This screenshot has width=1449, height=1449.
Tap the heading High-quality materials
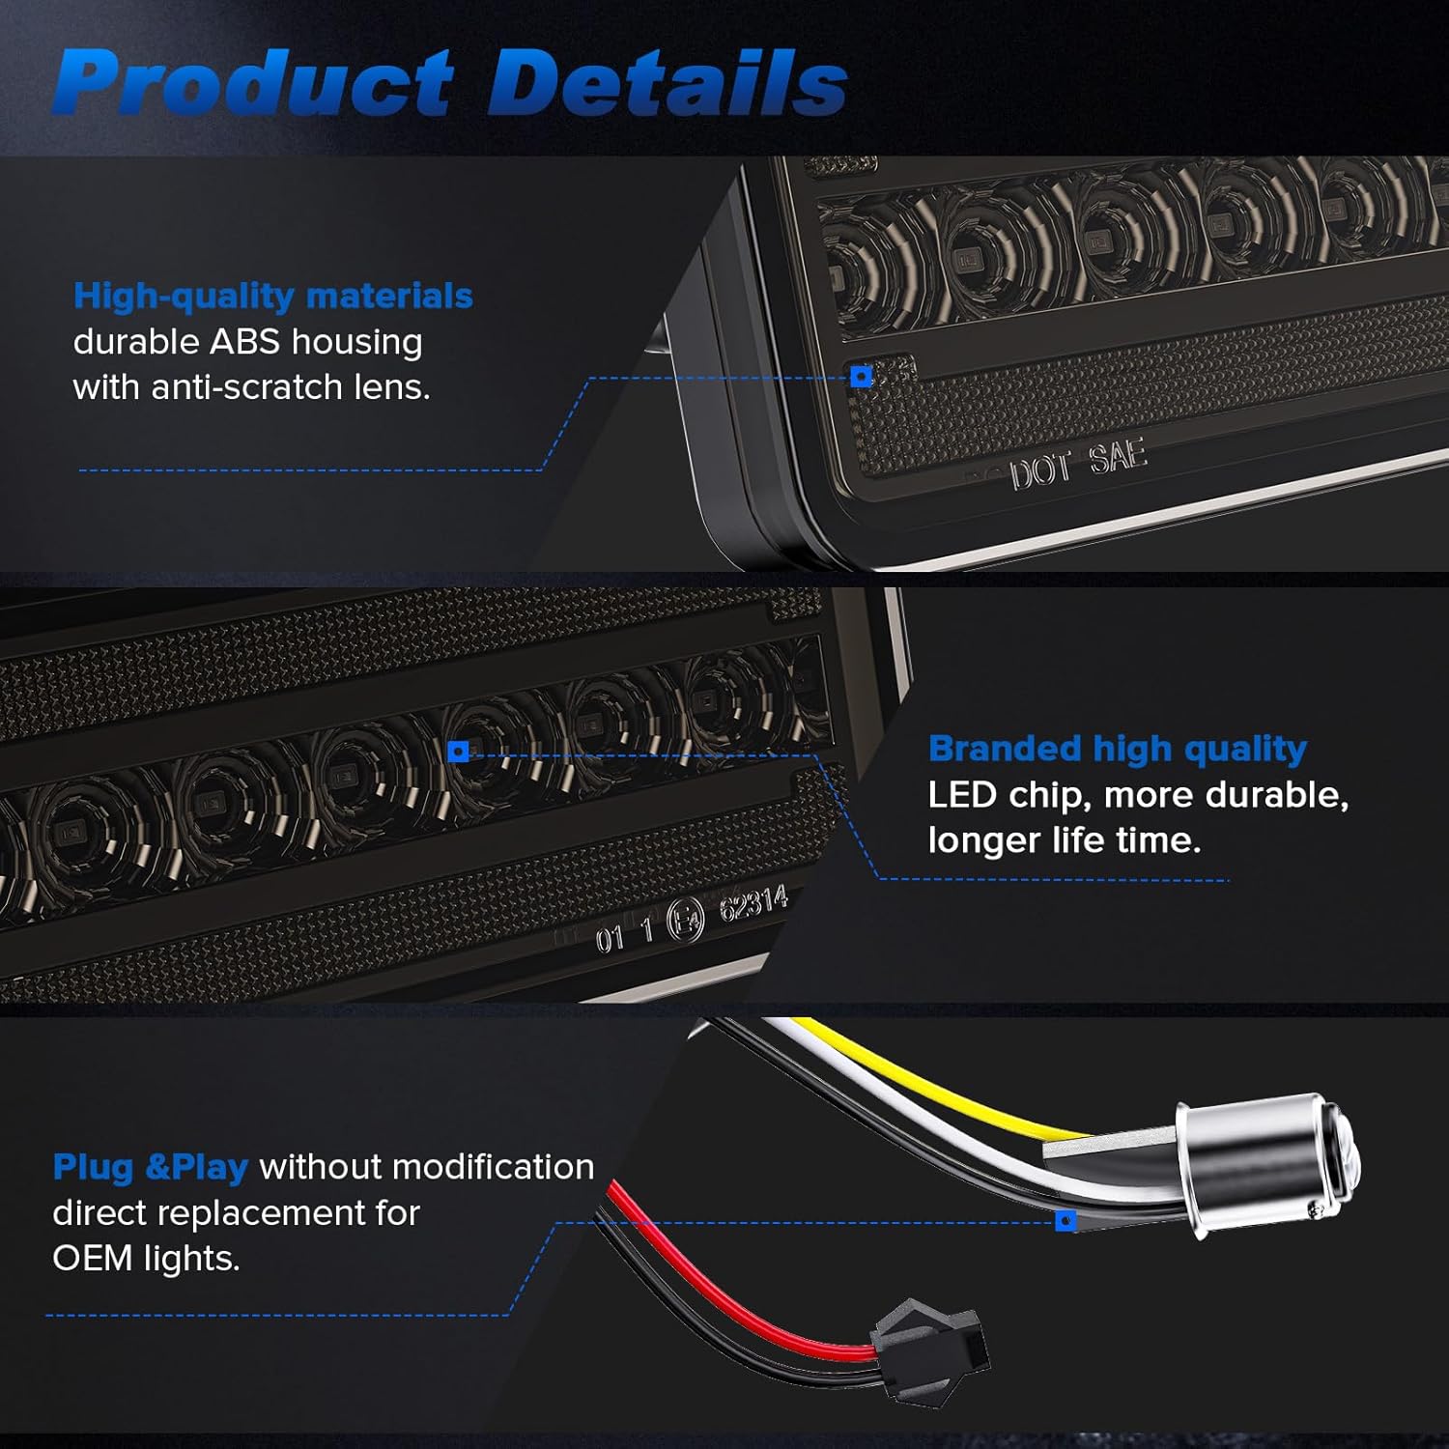[x=273, y=296]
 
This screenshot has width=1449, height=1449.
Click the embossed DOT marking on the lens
[x=1040, y=471]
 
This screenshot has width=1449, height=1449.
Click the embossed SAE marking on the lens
[x=1118, y=457]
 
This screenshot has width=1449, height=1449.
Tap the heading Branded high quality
[x=1117, y=749]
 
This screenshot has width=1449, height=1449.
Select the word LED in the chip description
[x=961, y=795]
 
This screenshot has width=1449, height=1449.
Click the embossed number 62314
[x=753, y=905]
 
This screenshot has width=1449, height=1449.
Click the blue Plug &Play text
[x=150, y=1167]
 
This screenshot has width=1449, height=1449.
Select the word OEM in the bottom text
[x=92, y=1259]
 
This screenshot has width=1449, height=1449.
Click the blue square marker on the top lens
[x=862, y=376]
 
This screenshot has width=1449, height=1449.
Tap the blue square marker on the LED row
[x=459, y=752]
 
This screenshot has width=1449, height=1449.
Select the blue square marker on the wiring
[x=1065, y=1222]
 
